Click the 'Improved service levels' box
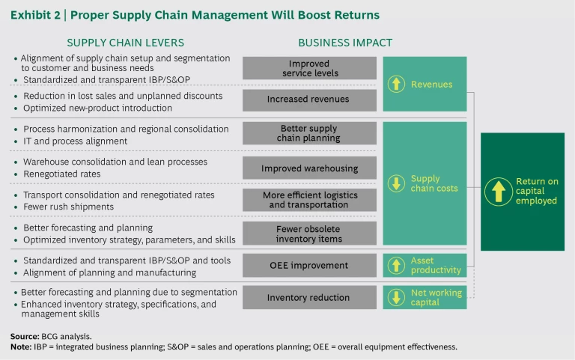(x=310, y=68)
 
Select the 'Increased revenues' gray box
(x=310, y=100)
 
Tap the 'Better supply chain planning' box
(x=310, y=133)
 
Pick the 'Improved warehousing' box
(x=310, y=168)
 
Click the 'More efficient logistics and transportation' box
(x=310, y=200)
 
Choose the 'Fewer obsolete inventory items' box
(x=310, y=234)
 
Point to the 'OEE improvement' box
(x=310, y=265)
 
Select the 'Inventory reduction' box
(x=310, y=297)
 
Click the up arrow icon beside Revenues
(x=398, y=85)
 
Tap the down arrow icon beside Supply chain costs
(x=398, y=184)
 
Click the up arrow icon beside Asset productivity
(x=398, y=265)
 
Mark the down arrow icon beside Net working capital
(x=398, y=297)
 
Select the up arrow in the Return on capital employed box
(x=498, y=191)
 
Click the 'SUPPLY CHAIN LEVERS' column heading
(x=125, y=43)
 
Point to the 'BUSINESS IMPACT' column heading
(x=345, y=43)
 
